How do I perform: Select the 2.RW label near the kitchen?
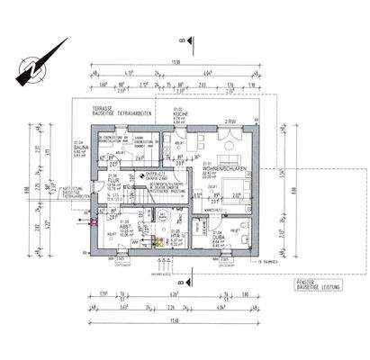(x=230, y=121)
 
